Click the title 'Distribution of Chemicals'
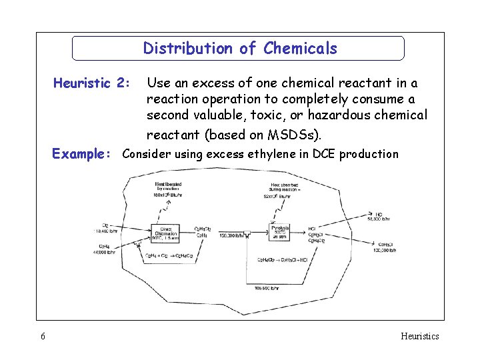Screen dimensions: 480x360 pos(240,49)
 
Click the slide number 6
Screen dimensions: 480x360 pos(43,337)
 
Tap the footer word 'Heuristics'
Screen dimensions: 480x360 pos(420,337)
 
